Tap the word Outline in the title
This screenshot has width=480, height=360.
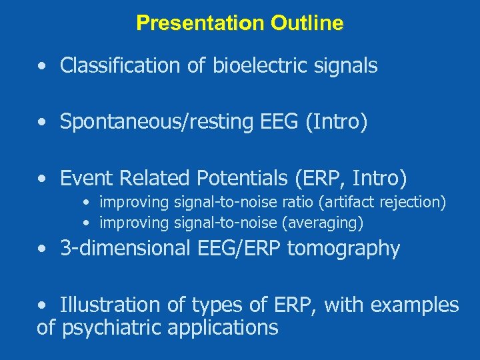[307, 23]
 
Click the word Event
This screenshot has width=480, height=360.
[83, 178]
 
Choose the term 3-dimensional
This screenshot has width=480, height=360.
[125, 249]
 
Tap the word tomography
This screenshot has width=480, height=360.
[343, 249]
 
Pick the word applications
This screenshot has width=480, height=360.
[223, 328]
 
